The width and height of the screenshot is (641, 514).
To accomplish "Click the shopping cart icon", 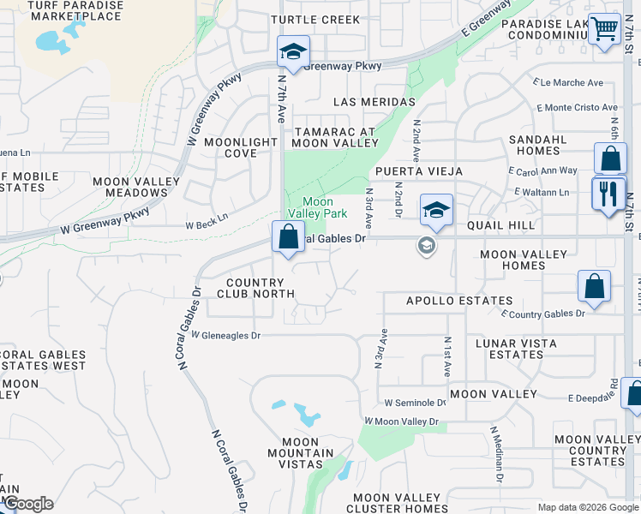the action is click(x=605, y=29).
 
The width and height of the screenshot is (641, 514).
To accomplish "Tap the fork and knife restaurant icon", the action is click(x=609, y=194).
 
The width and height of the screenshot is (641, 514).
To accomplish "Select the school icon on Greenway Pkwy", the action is click(x=293, y=52).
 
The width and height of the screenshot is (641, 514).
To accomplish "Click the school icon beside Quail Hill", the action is click(x=436, y=211).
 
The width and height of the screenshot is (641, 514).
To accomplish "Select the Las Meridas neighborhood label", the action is click(x=374, y=101).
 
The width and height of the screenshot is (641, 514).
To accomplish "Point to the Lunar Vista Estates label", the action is click(x=516, y=349).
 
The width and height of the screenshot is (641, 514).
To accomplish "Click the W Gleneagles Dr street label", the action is click(x=225, y=336).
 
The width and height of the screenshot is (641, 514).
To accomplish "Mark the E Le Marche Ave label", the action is click(x=568, y=83).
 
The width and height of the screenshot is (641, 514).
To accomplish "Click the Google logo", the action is click(x=27, y=504).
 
